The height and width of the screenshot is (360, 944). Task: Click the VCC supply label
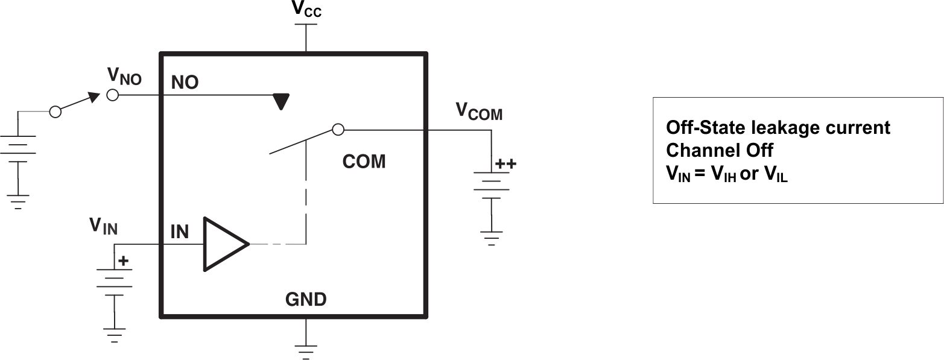point(306,9)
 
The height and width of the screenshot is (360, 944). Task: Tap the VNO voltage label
point(124,76)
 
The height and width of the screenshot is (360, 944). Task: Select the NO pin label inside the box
point(185,83)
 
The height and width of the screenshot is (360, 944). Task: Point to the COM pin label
point(364,162)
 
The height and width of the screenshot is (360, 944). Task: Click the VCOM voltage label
point(478,111)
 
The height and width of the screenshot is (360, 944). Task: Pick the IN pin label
point(180,232)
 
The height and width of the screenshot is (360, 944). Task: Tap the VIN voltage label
point(104,226)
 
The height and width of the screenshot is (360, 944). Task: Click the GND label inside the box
point(306,299)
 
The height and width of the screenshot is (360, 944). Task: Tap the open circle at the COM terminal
point(338,130)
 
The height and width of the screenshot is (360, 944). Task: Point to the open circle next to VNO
point(112,95)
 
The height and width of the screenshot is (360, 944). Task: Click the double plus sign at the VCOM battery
point(505,163)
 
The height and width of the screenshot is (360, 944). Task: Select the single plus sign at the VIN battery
point(123,261)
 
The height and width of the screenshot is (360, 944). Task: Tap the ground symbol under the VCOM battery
point(492,237)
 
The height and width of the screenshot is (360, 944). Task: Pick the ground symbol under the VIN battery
point(113,335)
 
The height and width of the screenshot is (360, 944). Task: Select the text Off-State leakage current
point(778,128)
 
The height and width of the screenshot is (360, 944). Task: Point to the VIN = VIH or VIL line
point(726,175)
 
